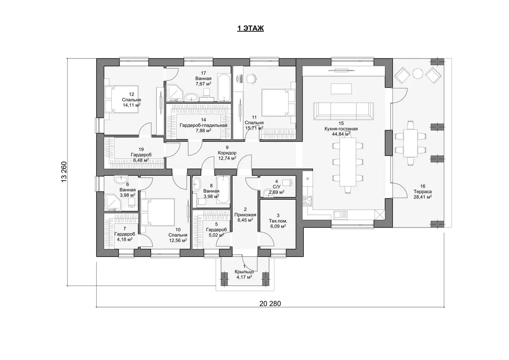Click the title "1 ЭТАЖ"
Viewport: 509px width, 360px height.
pyautogui.click(x=251, y=28)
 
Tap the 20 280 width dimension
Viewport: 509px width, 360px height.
pyautogui.click(x=270, y=304)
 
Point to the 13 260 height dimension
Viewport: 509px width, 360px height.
pyautogui.click(x=64, y=171)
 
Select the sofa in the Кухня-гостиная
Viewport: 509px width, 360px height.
pyautogui.click(x=343, y=111)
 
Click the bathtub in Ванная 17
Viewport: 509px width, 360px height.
pyautogui.click(x=224, y=87)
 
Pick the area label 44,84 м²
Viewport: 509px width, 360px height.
pyautogui.click(x=341, y=134)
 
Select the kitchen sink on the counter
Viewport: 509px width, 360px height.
pyautogui.click(x=341, y=214)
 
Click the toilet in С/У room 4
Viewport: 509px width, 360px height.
pyautogui.click(x=287, y=183)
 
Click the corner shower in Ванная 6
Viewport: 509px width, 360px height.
pyautogui.click(x=113, y=203)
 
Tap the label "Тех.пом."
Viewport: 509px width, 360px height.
pyautogui.click(x=278, y=221)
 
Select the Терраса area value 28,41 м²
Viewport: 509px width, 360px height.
pyautogui.click(x=423, y=197)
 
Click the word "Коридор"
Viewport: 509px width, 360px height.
pyautogui.click(x=227, y=153)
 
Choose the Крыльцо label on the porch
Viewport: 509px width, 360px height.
pyautogui.click(x=244, y=272)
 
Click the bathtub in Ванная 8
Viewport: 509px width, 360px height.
pyautogui.click(x=223, y=189)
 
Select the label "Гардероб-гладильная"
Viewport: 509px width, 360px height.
pyautogui.click(x=203, y=125)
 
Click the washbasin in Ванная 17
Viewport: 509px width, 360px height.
pyautogui.click(x=191, y=97)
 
